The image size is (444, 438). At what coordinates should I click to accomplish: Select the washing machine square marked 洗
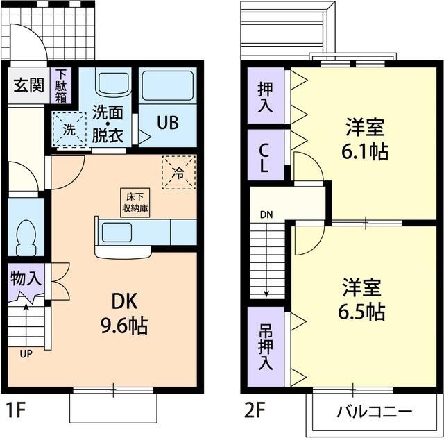coord(70,129)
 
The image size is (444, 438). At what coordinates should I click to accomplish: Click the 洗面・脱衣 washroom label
coord(108,122)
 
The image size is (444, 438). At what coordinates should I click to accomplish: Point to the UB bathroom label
coord(166,123)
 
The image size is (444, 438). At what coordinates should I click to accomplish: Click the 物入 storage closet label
coord(27,280)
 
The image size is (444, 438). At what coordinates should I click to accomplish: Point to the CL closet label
coord(265,158)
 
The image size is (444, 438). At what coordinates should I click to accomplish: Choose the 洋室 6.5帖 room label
coord(362,300)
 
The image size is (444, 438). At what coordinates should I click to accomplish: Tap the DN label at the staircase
coord(266,214)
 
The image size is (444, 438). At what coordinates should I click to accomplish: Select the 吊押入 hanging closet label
coord(265,346)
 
